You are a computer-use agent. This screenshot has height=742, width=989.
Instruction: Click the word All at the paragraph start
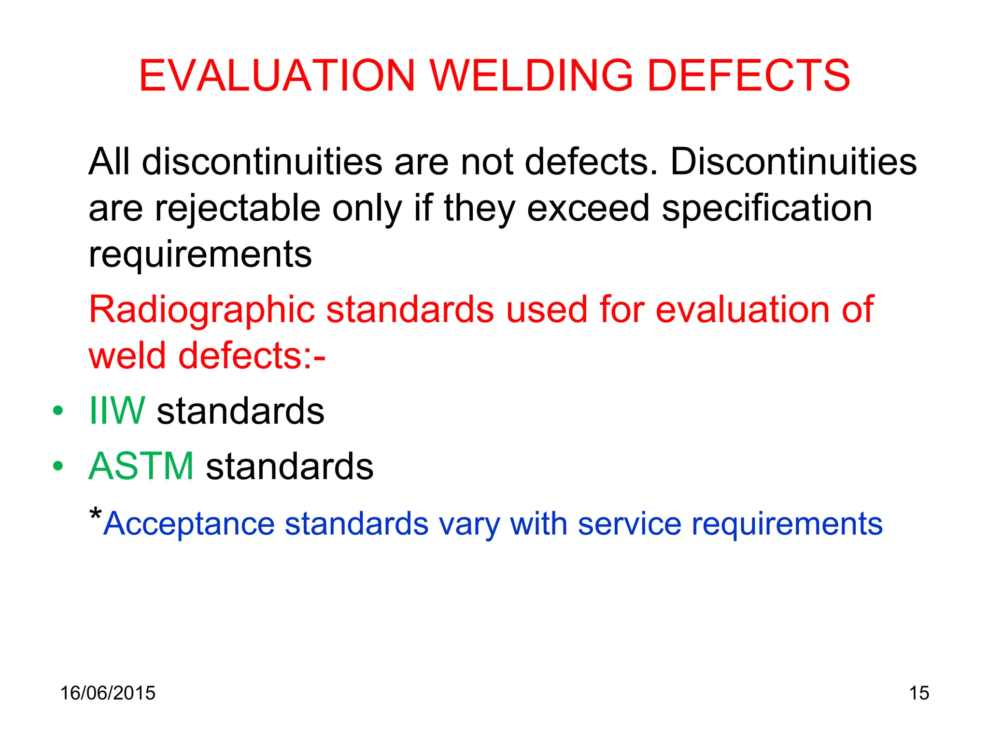[x=109, y=161]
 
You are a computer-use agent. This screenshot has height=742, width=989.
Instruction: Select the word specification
[x=766, y=209]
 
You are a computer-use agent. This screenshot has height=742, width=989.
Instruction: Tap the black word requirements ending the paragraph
[x=200, y=255]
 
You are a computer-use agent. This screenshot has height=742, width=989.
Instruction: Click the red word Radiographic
[x=202, y=310]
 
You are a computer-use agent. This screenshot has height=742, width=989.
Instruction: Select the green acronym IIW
[x=117, y=411]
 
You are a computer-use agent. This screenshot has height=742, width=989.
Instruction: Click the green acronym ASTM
[x=141, y=466]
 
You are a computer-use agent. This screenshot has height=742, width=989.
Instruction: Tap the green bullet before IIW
[x=58, y=411]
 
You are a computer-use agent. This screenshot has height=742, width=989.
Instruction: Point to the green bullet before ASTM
[x=58, y=466]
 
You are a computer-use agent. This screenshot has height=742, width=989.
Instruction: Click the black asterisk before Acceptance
[x=96, y=514]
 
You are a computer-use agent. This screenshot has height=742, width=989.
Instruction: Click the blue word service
[x=629, y=524]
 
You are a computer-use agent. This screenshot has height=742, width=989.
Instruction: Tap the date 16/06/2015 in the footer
[x=108, y=693]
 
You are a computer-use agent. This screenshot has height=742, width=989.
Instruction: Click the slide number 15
[x=919, y=693]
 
